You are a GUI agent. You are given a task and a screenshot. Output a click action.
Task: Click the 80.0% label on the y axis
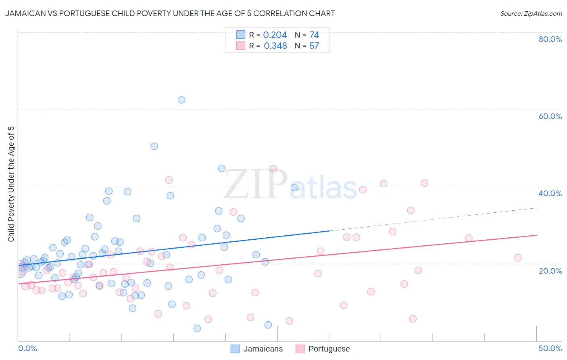(x=550, y=39)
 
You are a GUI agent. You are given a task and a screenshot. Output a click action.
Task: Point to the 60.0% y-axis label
(x=550, y=116)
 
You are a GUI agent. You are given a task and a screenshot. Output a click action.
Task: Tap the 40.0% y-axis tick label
(x=550, y=193)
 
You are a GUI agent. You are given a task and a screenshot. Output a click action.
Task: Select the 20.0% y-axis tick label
(x=550, y=270)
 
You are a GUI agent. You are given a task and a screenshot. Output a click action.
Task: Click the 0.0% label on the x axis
(x=27, y=348)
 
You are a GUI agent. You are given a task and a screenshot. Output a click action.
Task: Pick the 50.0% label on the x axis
(x=550, y=348)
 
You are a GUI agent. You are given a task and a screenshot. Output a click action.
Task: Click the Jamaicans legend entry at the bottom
(x=263, y=349)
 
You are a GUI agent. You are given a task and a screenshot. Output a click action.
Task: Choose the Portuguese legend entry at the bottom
(x=329, y=349)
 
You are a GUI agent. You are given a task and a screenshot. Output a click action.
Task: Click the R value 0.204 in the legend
(x=275, y=35)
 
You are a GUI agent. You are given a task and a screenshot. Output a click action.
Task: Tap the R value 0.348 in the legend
(x=275, y=46)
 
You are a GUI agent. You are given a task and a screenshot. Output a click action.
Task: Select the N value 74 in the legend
(x=314, y=35)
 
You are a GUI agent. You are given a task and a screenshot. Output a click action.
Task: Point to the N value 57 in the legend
(x=314, y=46)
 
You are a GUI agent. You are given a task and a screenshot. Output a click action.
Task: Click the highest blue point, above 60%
(x=181, y=100)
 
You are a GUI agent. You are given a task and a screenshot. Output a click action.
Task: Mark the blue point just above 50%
(x=154, y=146)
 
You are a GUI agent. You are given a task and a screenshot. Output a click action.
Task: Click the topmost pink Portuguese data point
(x=273, y=168)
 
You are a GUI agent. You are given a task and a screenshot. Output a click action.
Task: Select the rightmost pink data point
(x=518, y=257)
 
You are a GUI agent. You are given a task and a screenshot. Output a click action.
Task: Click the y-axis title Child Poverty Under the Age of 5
(x=11, y=184)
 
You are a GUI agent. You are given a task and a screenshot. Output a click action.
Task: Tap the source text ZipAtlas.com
(x=531, y=14)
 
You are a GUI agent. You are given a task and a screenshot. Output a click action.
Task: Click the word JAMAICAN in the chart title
(x=25, y=14)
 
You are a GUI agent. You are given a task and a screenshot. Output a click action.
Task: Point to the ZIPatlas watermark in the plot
(x=290, y=185)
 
